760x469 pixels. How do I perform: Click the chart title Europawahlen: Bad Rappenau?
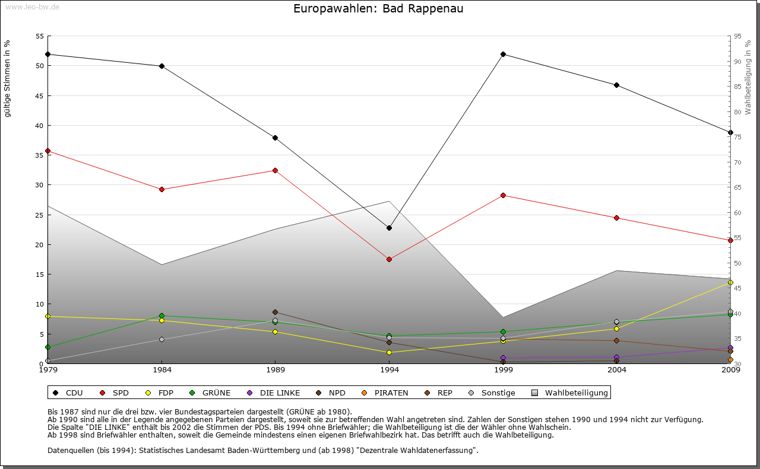378,9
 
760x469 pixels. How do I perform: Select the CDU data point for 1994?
389,228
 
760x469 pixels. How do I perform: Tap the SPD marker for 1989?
275,170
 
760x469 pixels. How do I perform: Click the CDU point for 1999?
503,54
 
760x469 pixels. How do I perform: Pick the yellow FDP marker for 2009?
730,282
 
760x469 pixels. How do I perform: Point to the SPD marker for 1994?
389,259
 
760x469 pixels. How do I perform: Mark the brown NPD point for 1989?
275,312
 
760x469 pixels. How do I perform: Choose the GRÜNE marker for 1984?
161,315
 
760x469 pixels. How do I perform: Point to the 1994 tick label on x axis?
389,371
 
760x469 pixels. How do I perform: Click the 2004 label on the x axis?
617,371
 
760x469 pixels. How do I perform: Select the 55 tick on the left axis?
40,36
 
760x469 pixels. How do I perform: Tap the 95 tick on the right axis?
737,36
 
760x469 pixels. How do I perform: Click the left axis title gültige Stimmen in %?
8,78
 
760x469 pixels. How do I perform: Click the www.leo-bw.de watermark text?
32,7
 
